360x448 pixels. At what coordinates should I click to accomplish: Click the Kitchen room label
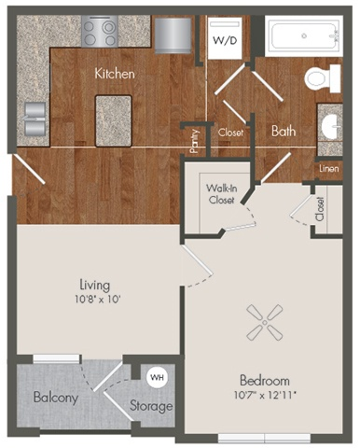pyautogui.click(x=115, y=73)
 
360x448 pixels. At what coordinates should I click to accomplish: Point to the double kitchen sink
pyautogui.click(x=35, y=117)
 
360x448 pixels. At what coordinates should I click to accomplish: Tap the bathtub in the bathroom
pyautogui.click(x=303, y=38)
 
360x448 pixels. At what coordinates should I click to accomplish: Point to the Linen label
pyautogui.click(x=328, y=168)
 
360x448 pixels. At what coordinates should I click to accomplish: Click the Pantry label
pyautogui.click(x=194, y=141)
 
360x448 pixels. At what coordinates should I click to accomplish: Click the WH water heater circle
pyautogui.click(x=157, y=377)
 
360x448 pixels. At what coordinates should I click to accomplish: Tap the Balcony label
pyautogui.click(x=55, y=398)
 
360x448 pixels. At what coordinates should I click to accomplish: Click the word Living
pyautogui.click(x=97, y=284)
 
